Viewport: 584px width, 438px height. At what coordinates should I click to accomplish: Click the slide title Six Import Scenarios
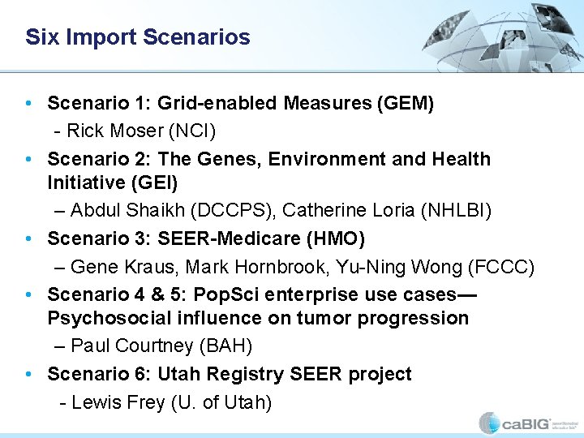coord(137,37)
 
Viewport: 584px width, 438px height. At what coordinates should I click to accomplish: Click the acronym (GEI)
coord(153,182)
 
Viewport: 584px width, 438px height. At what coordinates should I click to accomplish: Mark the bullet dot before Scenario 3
coord(28,238)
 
